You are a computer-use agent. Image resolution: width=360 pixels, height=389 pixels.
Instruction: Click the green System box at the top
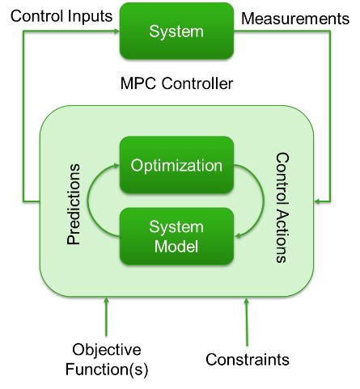point(176,31)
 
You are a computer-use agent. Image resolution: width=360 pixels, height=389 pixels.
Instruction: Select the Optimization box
point(176,165)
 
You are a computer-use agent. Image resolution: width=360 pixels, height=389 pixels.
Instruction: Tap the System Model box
point(176,236)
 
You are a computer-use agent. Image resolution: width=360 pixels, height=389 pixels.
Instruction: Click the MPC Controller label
point(176,83)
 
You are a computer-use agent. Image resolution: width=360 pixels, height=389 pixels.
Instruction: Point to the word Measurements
point(295,19)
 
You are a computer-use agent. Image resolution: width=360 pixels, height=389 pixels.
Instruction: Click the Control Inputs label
point(61,16)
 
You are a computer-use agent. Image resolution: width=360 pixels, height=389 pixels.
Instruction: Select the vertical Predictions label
point(74,204)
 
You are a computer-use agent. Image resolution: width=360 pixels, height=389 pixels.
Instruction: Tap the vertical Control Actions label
point(282,208)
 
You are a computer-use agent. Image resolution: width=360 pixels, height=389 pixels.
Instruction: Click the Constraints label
point(248,359)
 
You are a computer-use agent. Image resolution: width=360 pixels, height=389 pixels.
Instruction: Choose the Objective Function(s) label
point(107,359)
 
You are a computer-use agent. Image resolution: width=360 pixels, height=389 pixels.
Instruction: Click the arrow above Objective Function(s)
point(106,317)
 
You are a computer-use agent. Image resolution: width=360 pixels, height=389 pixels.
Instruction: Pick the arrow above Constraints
point(247,322)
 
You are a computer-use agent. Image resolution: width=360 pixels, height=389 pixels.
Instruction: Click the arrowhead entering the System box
point(116,31)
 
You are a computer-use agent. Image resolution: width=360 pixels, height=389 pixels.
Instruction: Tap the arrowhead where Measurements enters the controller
point(318,201)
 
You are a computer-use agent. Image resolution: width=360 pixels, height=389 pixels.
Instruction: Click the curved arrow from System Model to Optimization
point(88,200)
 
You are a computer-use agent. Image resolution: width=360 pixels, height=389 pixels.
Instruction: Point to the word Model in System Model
point(176,246)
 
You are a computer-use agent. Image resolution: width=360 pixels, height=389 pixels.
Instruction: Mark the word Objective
point(107,350)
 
